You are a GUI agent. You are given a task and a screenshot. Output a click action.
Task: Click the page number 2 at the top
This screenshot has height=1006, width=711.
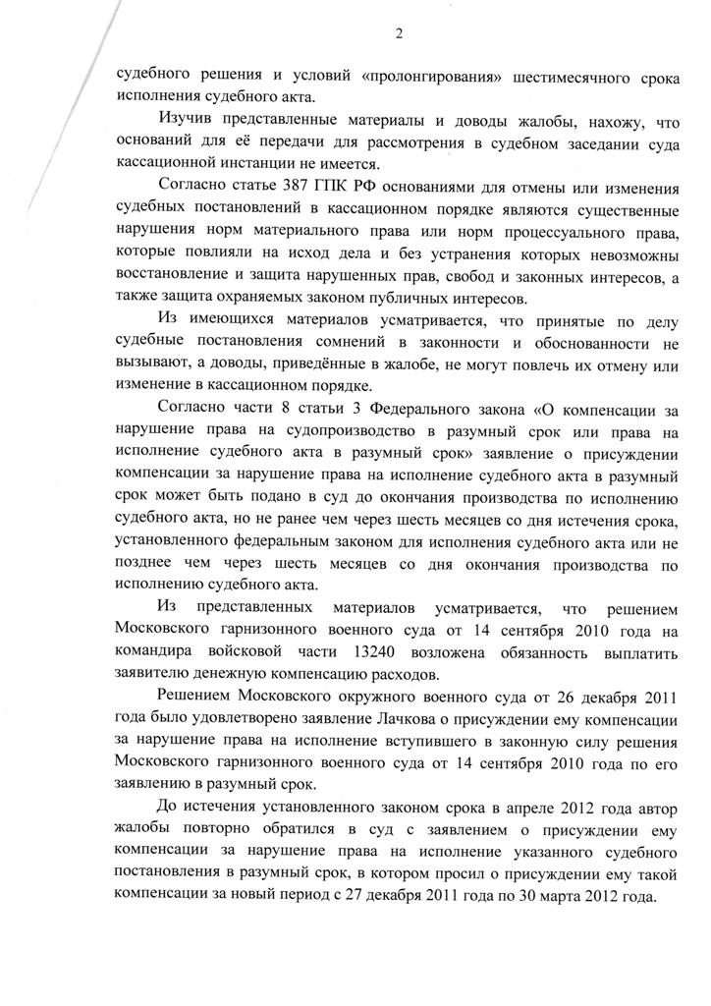coord(399,34)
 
